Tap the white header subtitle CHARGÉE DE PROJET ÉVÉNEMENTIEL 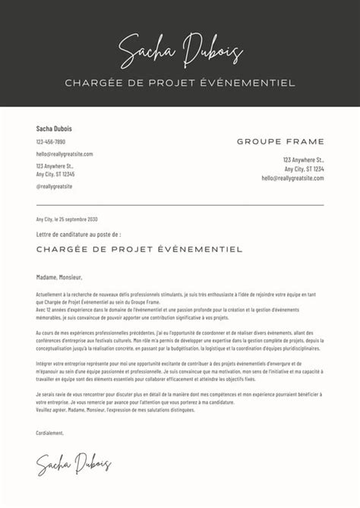(180, 83)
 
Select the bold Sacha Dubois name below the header (54, 129)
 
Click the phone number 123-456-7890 (51, 142)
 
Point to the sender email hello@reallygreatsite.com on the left (65, 154)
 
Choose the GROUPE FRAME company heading (280, 142)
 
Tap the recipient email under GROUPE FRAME (293, 178)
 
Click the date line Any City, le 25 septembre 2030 (67, 219)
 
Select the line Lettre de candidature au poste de (78, 235)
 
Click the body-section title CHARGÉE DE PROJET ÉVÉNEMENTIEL (139, 249)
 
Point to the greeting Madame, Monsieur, (59, 277)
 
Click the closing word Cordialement (50, 433)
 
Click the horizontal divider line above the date (180, 204)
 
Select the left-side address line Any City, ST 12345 (55, 174)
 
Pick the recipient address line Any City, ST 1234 (304, 169)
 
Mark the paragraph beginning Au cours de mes (180, 343)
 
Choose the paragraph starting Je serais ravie (180, 403)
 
